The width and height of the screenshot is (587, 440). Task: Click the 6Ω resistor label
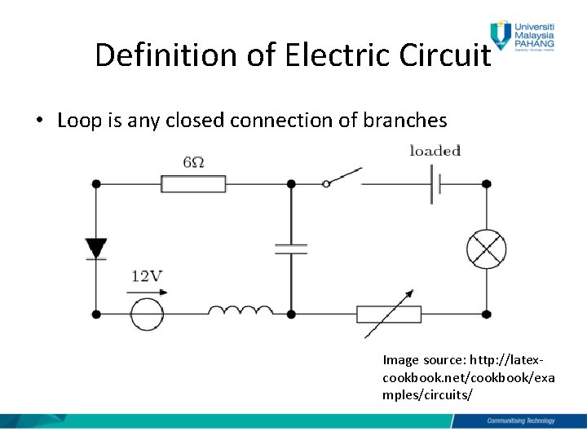tap(193, 163)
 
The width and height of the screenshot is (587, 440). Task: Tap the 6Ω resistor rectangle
tap(193, 184)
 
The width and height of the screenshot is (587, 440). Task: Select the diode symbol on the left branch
tap(96, 249)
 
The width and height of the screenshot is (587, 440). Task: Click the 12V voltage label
tap(146, 277)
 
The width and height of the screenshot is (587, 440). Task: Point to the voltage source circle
tap(148, 314)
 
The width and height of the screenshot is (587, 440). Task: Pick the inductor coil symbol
tap(241, 310)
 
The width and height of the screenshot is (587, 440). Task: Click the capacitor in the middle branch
tap(291, 249)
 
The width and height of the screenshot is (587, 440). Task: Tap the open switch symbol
tap(342, 178)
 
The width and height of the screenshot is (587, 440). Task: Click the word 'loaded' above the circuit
tap(435, 151)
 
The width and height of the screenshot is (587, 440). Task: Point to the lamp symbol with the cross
tap(486, 249)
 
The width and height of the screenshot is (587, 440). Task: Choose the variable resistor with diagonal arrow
tap(389, 314)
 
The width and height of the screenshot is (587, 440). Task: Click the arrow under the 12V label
tap(146, 291)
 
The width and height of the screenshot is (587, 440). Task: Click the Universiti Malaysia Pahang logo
tap(523, 36)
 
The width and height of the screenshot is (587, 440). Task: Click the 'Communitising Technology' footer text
tap(520, 420)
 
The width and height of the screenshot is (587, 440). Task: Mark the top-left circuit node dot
tap(96, 184)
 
